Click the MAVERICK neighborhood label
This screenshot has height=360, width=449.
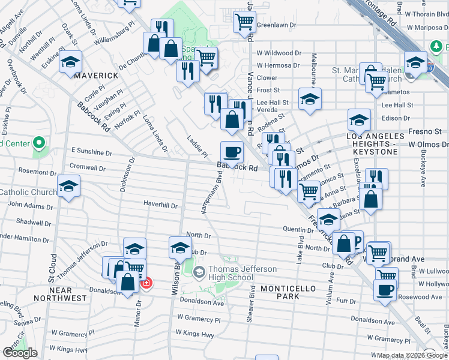pyautogui.click(x=86, y=76)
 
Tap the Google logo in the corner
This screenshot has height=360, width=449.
pyautogui.click(x=20, y=353)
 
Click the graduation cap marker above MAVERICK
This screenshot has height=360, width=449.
pyautogui.click(x=70, y=62)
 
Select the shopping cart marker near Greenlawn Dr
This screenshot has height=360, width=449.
pyautogui.click(x=244, y=22)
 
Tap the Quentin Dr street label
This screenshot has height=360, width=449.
pyautogui.click(x=295, y=229)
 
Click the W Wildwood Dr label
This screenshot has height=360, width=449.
pyautogui.click(x=279, y=53)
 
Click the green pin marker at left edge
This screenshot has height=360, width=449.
pyautogui.click(x=39, y=143)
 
